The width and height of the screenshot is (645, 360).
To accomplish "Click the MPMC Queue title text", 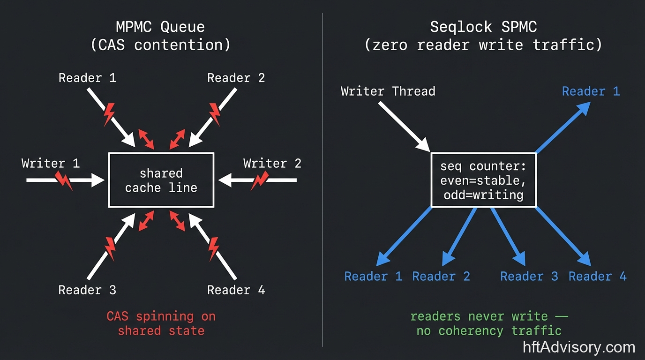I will [161, 27].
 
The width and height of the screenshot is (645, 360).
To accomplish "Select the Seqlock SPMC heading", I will [483, 27].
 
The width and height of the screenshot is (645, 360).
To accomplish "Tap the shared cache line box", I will [161, 180].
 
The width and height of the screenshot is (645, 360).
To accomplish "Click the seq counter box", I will [483, 180].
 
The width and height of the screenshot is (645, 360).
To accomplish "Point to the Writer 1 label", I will [51, 164].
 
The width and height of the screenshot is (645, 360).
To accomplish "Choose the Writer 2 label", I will [272, 164].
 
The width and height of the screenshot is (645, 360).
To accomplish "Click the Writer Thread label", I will [388, 91].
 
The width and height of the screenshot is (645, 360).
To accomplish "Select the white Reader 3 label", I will [87, 290].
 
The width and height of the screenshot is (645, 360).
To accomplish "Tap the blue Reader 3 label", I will [529, 276].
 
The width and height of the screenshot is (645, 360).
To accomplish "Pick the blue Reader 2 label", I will [441, 276].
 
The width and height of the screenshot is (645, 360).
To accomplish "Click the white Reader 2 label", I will [236, 78].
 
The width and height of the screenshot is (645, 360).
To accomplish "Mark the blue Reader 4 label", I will [597, 276].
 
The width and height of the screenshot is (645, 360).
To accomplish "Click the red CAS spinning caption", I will [161, 323].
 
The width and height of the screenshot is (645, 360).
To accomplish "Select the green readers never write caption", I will [489, 323].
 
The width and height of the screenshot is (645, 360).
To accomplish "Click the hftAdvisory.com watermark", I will [579, 347].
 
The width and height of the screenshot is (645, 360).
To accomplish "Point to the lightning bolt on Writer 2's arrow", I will [259, 180].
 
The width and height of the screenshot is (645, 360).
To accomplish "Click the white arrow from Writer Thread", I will [404, 126].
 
